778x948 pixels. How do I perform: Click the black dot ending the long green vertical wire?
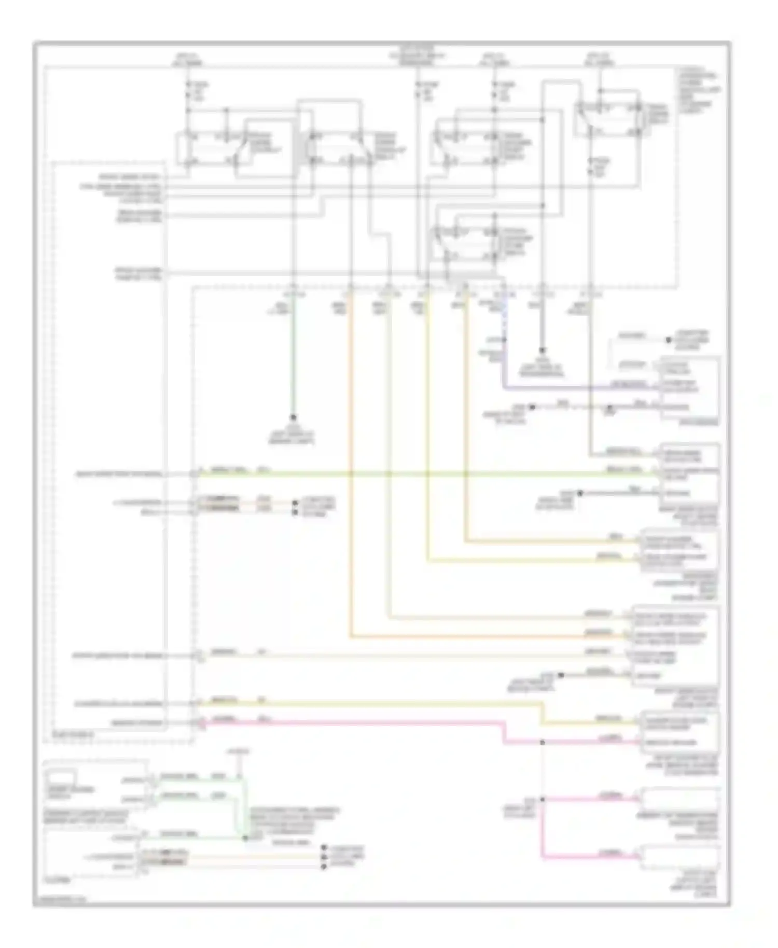[293, 417]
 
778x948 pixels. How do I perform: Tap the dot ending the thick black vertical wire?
[543, 350]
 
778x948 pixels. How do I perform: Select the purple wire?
[571, 387]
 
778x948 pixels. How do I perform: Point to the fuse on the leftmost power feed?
[188, 91]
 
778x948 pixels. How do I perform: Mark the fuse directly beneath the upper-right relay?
[591, 167]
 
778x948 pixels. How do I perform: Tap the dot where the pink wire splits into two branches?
[543, 799]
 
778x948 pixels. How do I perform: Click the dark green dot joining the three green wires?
[245, 838]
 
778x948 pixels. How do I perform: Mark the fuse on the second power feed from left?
[418, 91]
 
